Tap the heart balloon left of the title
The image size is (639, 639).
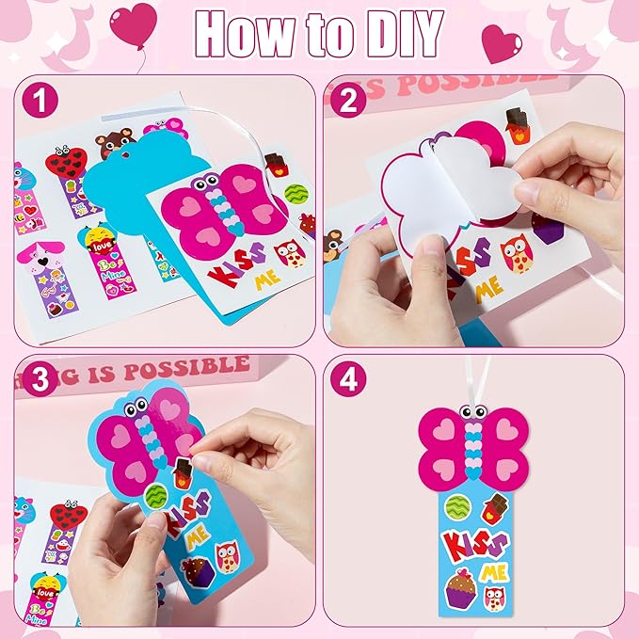[x=133, y=23]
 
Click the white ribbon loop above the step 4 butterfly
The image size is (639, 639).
[x=468, y=386]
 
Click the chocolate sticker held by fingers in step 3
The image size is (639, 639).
[x=184, y=471]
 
